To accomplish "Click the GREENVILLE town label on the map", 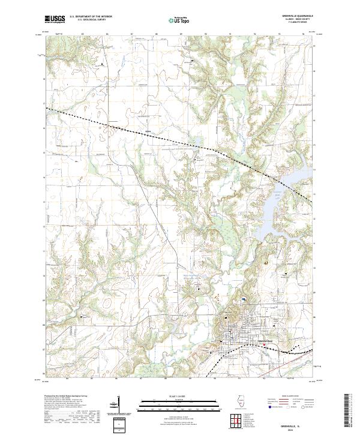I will tap(265, 340).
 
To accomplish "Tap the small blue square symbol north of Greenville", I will tap(244, 300).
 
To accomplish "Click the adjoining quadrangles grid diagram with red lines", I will tap(235, 420).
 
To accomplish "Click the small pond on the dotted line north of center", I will tap(196, 142).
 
